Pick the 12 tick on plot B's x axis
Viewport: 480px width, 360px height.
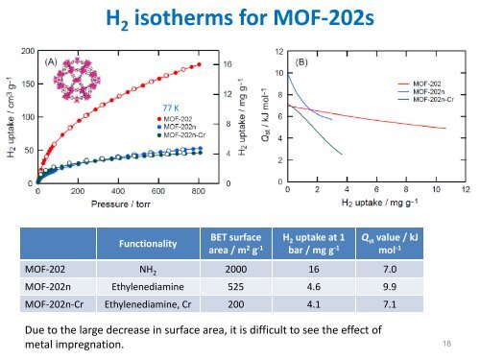click(466, 191)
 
